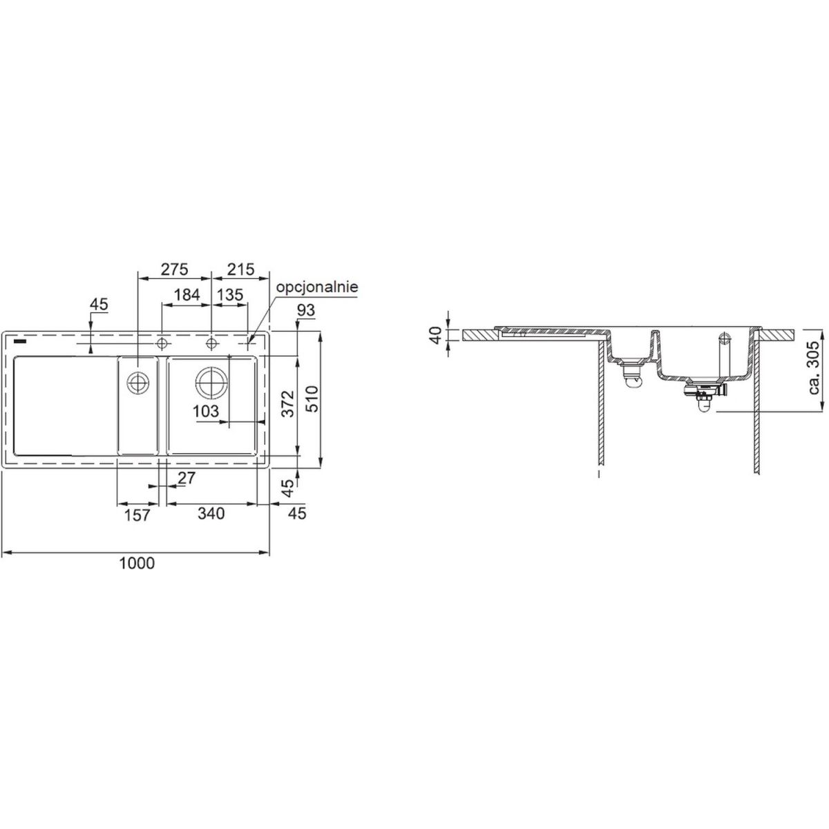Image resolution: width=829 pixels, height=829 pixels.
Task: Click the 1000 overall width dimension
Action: point(136,563)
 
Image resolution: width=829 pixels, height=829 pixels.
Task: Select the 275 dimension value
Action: point(174,269)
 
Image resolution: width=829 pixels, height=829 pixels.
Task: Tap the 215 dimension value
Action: point(240,269)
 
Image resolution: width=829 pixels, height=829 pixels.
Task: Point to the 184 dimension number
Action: point(187,295)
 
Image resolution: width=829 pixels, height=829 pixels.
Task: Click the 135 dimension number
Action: point(230,295)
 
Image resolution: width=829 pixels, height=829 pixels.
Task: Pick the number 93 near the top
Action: point(306,309)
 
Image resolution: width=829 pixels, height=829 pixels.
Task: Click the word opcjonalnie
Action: point(317,287)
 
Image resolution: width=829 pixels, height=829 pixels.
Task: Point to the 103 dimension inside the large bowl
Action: point(206,411)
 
